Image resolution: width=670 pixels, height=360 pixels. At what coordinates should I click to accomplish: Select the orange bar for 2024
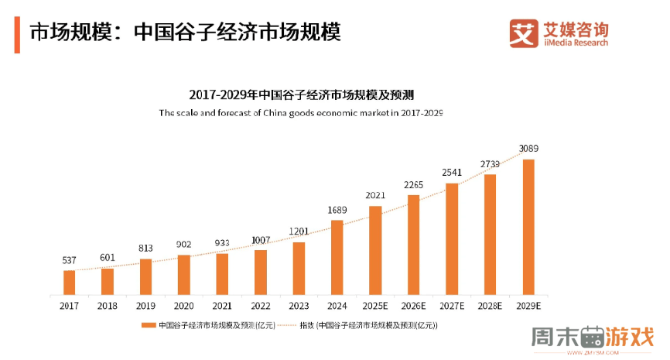337,257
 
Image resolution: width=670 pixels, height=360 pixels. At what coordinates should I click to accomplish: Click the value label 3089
528,148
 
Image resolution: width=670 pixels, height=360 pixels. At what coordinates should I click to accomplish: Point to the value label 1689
337,209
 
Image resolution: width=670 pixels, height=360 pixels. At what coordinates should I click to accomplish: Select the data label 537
70,260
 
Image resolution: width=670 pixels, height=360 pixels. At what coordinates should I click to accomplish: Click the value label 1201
299,231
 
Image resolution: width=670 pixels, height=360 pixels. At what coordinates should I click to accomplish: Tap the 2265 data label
413,184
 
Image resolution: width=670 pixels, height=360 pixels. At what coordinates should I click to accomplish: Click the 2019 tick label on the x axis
145,306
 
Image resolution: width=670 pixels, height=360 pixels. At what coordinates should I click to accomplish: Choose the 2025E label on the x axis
374,306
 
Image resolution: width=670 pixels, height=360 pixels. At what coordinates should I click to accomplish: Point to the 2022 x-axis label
260,306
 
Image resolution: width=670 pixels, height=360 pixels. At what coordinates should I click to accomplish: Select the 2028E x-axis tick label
490,306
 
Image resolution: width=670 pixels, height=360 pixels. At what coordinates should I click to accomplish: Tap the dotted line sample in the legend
287,326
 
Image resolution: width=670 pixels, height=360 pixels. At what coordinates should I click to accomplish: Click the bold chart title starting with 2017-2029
302,95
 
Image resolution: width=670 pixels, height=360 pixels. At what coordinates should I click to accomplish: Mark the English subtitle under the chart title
301,113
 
